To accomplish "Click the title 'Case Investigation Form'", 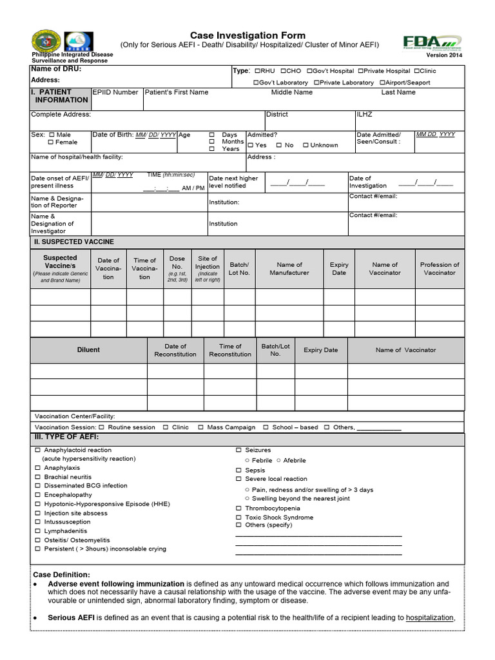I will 247,35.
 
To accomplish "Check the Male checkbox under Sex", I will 52,135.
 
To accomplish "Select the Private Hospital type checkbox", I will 360,71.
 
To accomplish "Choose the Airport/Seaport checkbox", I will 382,82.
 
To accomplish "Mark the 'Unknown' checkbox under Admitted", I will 306,146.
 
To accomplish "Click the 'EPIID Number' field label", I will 115,92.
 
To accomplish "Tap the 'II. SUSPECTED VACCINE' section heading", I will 73,242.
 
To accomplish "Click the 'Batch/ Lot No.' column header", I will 239,269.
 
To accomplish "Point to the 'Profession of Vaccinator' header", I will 440,269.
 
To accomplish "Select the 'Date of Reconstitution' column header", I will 175,350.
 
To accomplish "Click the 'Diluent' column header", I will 88,350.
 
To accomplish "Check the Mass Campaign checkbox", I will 201,427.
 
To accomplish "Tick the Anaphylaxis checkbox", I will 37,468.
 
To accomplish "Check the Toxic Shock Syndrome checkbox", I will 238,518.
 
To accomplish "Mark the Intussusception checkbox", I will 37,522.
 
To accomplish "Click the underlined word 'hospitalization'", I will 429,617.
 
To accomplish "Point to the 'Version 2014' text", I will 444,56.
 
